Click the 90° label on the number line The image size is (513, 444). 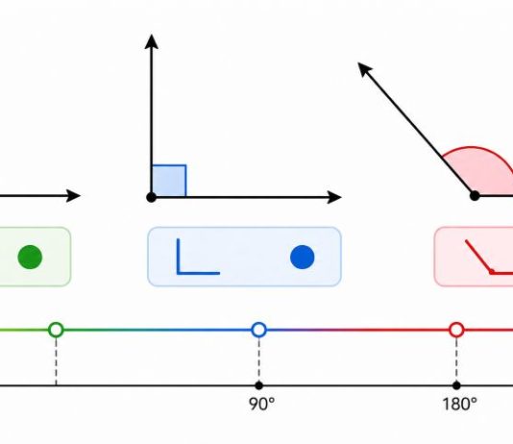click(x=261, y=404)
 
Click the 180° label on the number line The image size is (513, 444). click(x=459, y=404)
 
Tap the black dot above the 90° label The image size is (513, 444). click(x=258, y=385)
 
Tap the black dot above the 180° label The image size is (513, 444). click(x=456, y=385)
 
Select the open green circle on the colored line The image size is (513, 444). click(x=56, y=330)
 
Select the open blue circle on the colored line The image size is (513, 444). click(x=258, y=330)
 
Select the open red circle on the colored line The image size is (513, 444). click(x=456, y=330)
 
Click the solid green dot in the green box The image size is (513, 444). click(x=30, y=258)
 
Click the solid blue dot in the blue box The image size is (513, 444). click(x=303, y=258)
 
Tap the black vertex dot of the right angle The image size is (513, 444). click(x=151, y=197)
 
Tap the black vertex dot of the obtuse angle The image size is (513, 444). click(x=475, y=196)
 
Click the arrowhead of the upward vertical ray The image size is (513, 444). click(x=152, y=41)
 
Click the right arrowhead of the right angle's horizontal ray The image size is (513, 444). click(x=334, y=197)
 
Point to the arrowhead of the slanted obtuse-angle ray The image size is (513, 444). click(x=364, y=68)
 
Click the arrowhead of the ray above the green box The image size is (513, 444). click(x=73, y=196)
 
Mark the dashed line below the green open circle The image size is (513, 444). click(x=56, y=361)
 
